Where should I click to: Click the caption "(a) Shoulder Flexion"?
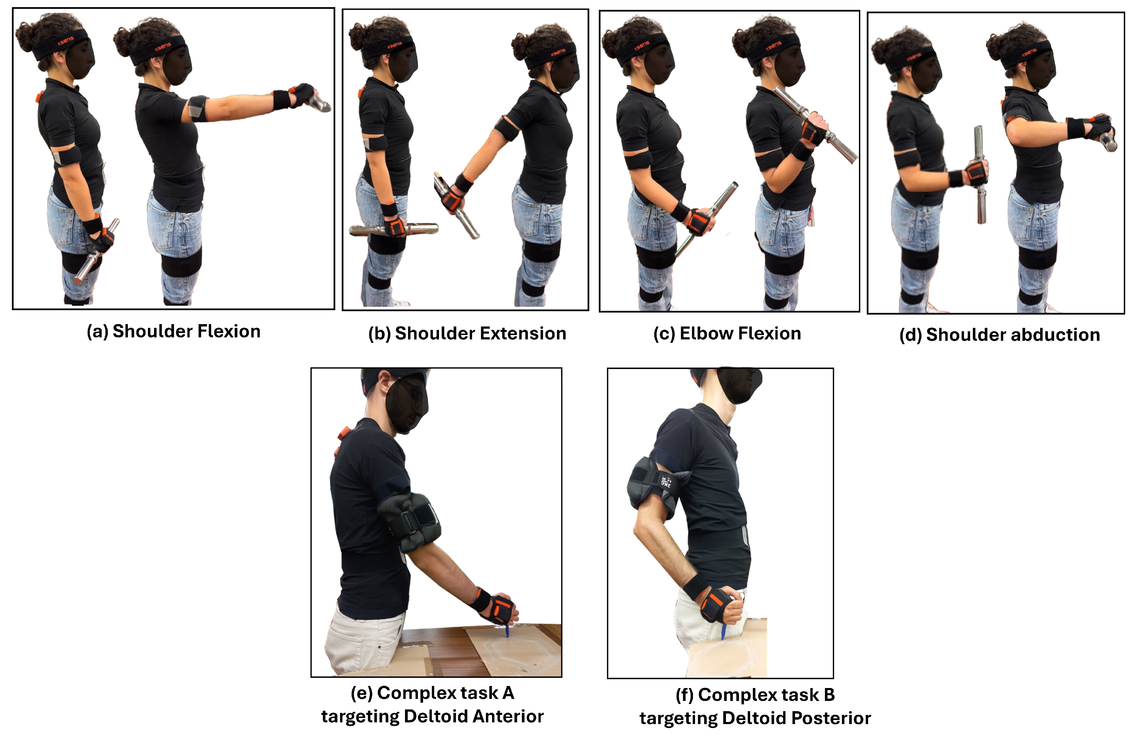(x=173, y=331)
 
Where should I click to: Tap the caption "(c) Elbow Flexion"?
(x=727, y=333)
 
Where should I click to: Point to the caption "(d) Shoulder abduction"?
(x=1000, y=335)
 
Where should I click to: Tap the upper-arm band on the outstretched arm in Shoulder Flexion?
(x=198, y=108)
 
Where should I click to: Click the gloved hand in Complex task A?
(x=499, y=610)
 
